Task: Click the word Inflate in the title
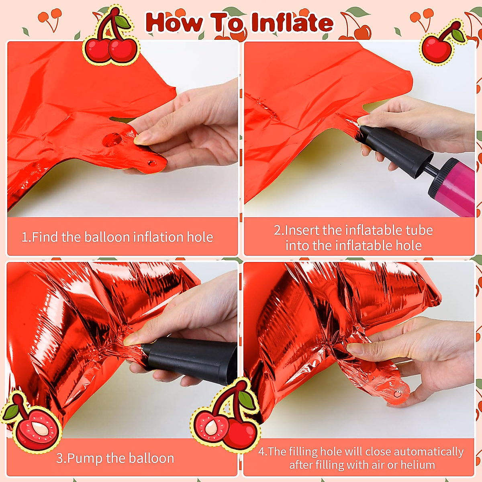coord(292,23)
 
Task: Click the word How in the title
coord(174,22)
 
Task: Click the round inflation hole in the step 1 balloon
coord(112,139)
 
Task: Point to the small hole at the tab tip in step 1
coord(152,163)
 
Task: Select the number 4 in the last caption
coord(261,452)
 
